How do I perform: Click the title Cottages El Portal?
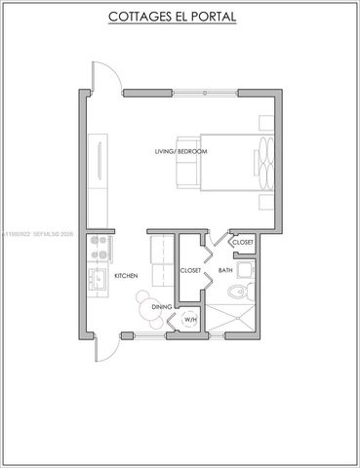(x=179, y=17)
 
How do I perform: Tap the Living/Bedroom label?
(x=180, y=152)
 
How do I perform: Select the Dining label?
(x=161, y=308)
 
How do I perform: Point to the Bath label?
(x=224, y=270)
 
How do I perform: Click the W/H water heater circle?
(x=190, y=320)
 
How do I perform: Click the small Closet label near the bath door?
(x=242, y=242)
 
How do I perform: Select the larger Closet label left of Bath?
(x=190, y=270)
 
